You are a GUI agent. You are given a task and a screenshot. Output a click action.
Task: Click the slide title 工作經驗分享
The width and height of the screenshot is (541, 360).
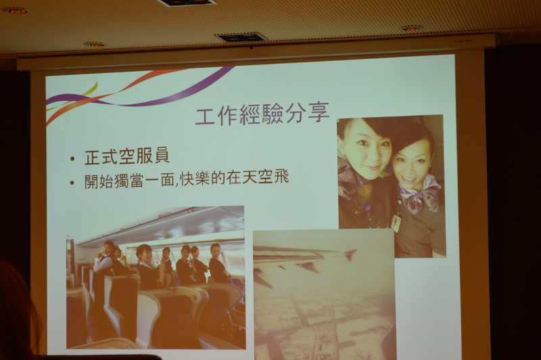262,113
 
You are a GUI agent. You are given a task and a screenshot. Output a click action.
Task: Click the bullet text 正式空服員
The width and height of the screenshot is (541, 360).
127,156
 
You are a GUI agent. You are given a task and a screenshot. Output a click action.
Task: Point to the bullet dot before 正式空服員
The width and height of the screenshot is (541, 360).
72,159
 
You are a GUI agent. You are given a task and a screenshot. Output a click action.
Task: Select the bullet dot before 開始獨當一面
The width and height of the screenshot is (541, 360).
72,182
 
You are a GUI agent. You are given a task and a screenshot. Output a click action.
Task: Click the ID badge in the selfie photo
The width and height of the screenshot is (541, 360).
396,222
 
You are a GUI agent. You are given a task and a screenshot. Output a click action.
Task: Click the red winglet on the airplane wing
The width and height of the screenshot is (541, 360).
350,254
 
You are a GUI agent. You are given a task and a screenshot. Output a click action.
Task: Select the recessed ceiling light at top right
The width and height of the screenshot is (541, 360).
411,28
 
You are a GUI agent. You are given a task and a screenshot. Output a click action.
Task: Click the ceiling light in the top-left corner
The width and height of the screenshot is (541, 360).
16,11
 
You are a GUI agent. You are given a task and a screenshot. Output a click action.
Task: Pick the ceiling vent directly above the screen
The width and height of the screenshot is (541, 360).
241,37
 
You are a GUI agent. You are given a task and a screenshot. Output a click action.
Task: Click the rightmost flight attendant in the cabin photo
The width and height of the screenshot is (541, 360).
218,263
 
